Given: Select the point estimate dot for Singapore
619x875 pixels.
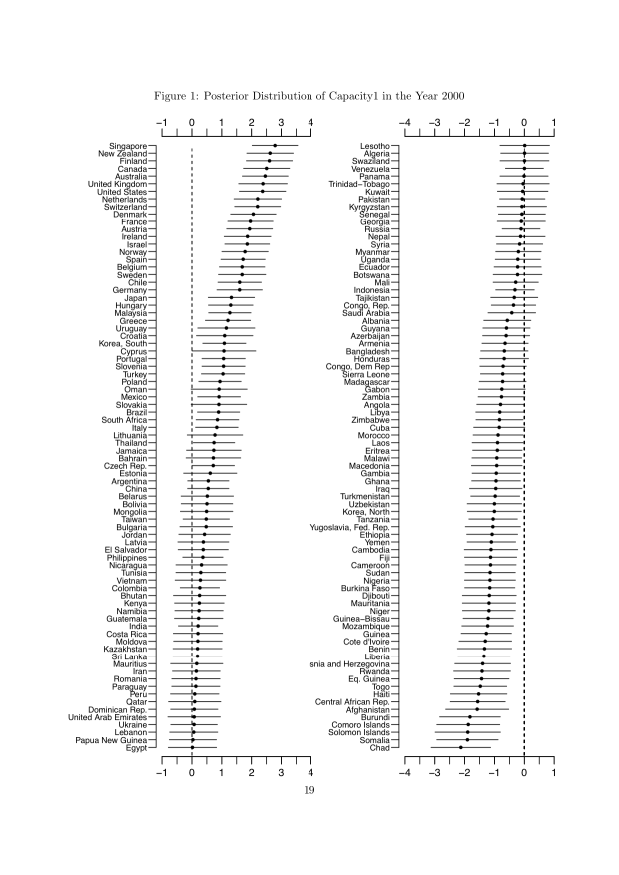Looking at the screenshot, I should coord(275,146).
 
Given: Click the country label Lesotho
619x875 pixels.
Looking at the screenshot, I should coord(374,146).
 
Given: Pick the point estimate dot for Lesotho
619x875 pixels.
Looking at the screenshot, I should coord(524,146).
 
